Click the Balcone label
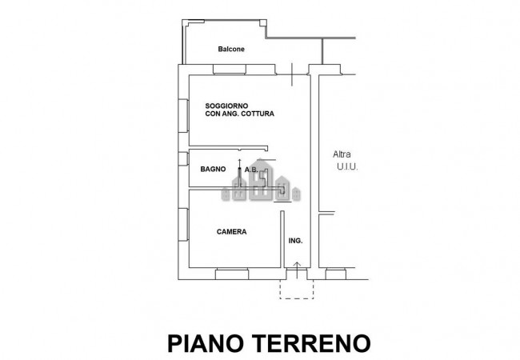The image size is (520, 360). [231, 50]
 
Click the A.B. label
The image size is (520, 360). [251, 170]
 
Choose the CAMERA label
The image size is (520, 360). [231, 232]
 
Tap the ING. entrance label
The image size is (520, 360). [295, 241]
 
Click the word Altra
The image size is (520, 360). [342, 154]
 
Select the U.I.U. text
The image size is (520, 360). [346, 167]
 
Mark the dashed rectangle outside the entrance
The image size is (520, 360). [295, 289]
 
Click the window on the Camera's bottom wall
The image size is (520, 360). [232, 274]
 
